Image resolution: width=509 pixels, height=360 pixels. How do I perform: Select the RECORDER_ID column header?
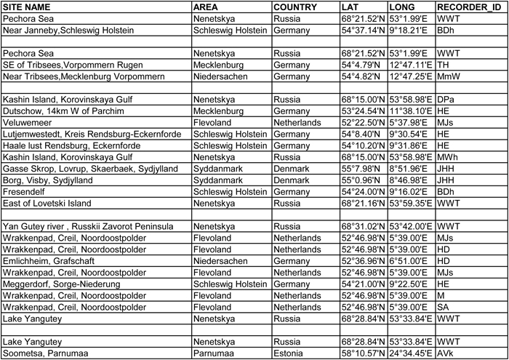pyautogui.click(x=465, y=7)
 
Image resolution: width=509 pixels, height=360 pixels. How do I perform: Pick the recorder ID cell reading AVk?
pyautogui.click(x=446, y=353)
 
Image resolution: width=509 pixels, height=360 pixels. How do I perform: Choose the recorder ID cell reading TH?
pyautogui.click(x=442, y=65)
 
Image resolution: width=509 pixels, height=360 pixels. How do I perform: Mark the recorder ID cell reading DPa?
pyautogui.click(x=446, y=99)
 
